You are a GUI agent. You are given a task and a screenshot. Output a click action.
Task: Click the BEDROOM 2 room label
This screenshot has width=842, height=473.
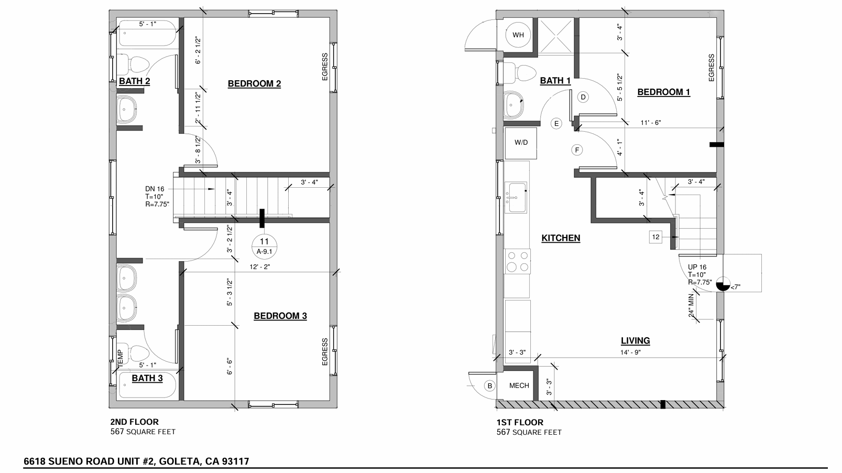click(x=254, y=83)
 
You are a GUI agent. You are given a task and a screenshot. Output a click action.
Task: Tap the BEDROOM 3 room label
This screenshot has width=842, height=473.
click(x=280, y=316)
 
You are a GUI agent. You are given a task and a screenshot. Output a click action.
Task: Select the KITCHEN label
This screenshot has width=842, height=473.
click(x=561, y=238)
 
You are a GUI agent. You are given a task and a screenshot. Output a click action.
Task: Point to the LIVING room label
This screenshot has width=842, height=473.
click(x=635, y=340)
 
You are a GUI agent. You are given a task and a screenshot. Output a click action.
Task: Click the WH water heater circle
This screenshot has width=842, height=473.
click(x=518, y=35)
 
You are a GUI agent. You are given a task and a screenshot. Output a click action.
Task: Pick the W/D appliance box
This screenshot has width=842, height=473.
click(x=521, y=143)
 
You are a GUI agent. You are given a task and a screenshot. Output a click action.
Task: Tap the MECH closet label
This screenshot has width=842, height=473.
click(x=519, y=385)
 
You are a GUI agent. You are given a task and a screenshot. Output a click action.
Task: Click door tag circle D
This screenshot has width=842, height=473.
click(x=583, y=97)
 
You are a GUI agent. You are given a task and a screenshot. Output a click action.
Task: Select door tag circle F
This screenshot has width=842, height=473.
click(x=577, y=150)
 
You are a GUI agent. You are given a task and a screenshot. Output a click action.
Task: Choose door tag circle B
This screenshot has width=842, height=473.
click(x=490, y=386)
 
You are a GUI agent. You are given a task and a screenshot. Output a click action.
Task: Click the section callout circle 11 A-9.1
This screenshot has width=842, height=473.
click(x=264, y=247)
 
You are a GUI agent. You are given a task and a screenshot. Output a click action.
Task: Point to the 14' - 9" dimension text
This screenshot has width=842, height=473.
click(x=630, y=352)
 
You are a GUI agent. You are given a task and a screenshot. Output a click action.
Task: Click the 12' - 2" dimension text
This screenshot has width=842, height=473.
click(x=260, y=267)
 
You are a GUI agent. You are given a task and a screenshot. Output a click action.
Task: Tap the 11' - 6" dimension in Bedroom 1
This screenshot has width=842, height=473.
click(x=651, y=123)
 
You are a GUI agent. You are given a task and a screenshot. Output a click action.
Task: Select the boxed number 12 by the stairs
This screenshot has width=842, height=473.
click(x=655, y=237)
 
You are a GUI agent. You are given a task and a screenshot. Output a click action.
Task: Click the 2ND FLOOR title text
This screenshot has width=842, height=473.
click(x=134, y=422)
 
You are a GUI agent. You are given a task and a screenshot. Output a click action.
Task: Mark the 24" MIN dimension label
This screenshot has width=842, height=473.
click(x=691, y=305)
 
